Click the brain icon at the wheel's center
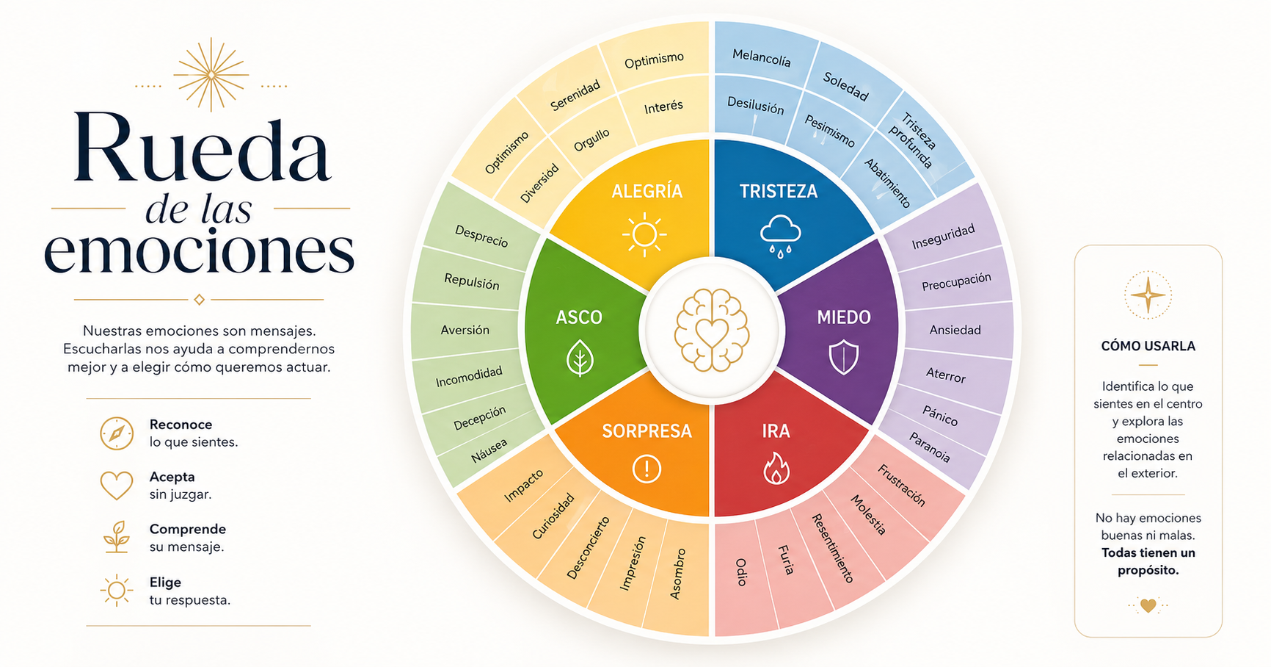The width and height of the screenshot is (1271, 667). [712, 330]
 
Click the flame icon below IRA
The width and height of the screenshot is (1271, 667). [776, 468]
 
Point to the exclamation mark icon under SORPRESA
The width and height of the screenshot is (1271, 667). [647, 468]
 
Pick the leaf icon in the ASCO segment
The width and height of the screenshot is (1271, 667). [580, 358]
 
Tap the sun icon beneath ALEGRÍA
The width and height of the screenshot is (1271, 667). [644, 235]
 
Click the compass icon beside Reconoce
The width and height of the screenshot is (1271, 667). [117, 433]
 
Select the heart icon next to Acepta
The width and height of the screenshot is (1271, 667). [117, 486]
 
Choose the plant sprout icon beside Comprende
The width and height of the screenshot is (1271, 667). [117, 537]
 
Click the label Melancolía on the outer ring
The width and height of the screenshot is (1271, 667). [762, 57]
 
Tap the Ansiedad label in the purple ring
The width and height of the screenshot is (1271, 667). [955, 330]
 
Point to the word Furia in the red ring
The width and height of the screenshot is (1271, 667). [786, 560]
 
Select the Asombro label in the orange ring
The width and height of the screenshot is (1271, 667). [678, 574]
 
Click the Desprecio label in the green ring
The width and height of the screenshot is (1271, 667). [481, 236]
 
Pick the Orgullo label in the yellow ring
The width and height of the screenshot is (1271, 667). [591, 140]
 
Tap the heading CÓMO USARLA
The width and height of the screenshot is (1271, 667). [1148, 346]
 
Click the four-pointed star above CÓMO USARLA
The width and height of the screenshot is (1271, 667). [1148, 295]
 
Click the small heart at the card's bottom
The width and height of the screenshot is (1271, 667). [1148, 606]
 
